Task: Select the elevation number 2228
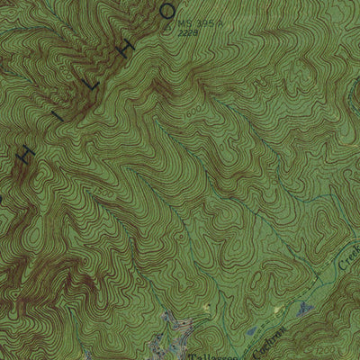coord(188,32)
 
